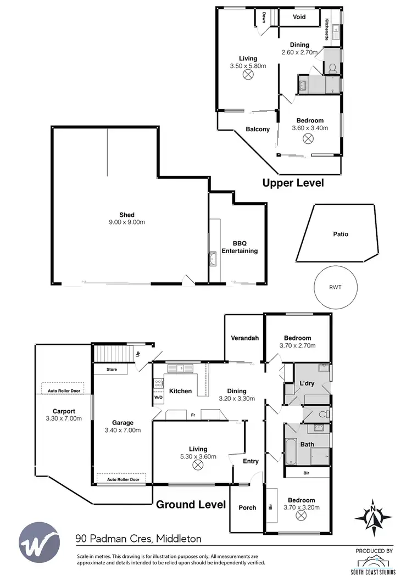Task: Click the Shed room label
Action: (127, 215)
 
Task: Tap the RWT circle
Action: (335, 286)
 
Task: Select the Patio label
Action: (341, 234)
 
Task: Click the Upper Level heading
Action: (293, 183)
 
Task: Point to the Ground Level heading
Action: (191, 504)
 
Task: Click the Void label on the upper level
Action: (299, 17)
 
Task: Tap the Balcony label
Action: (258, 130)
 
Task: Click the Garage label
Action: (123, 423)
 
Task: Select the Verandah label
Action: (244, 338)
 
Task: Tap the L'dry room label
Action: (307, 384)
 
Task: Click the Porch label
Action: (247, 507)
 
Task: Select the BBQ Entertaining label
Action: (239, 247)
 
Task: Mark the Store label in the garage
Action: (112, 370)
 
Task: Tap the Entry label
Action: (250, 461)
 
